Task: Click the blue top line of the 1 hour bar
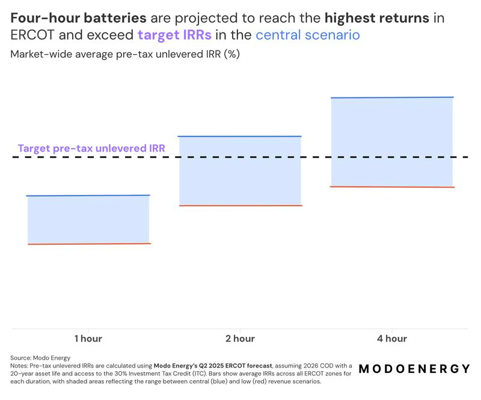(x=88, y=195)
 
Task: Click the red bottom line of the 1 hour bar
(x=88, y=244)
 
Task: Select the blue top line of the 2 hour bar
(x=239, y=137)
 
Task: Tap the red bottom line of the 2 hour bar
(x=239, y=206)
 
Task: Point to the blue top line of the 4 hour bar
(x=392, y=97)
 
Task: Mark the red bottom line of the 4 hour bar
(x=392, y=186)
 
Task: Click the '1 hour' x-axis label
(x=88, y=339)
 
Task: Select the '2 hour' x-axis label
(x=240, y=339)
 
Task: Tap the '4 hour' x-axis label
(x=392, y=339)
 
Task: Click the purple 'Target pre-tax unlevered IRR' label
(x=91, y=147)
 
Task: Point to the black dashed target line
(x=313, y=157)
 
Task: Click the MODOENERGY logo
(x=414, y=369)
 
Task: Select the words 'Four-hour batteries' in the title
(x=79, y=17)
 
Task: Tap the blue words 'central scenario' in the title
(x=308, y=35)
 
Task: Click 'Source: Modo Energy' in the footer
(x=41, y=358)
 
